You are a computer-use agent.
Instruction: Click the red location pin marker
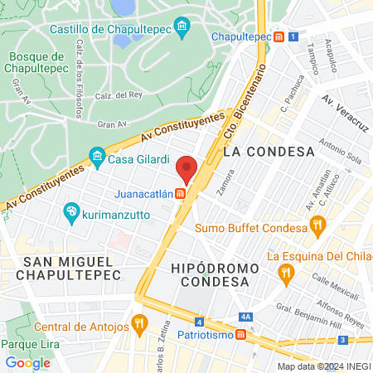[186, 170]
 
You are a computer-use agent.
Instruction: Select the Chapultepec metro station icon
[280, 36]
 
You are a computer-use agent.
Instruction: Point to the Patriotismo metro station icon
[240, 335]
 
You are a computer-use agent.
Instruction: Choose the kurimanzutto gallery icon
[71, 212]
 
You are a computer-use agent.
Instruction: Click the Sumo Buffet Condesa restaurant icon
[317, 224]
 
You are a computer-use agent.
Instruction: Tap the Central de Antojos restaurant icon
[139, 322]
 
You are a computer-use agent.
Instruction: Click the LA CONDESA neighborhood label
[269, 152]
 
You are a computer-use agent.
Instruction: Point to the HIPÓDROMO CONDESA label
[211, 275]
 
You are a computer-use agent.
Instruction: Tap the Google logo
[27, 362]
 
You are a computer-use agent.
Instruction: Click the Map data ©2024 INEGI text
[323, 366]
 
